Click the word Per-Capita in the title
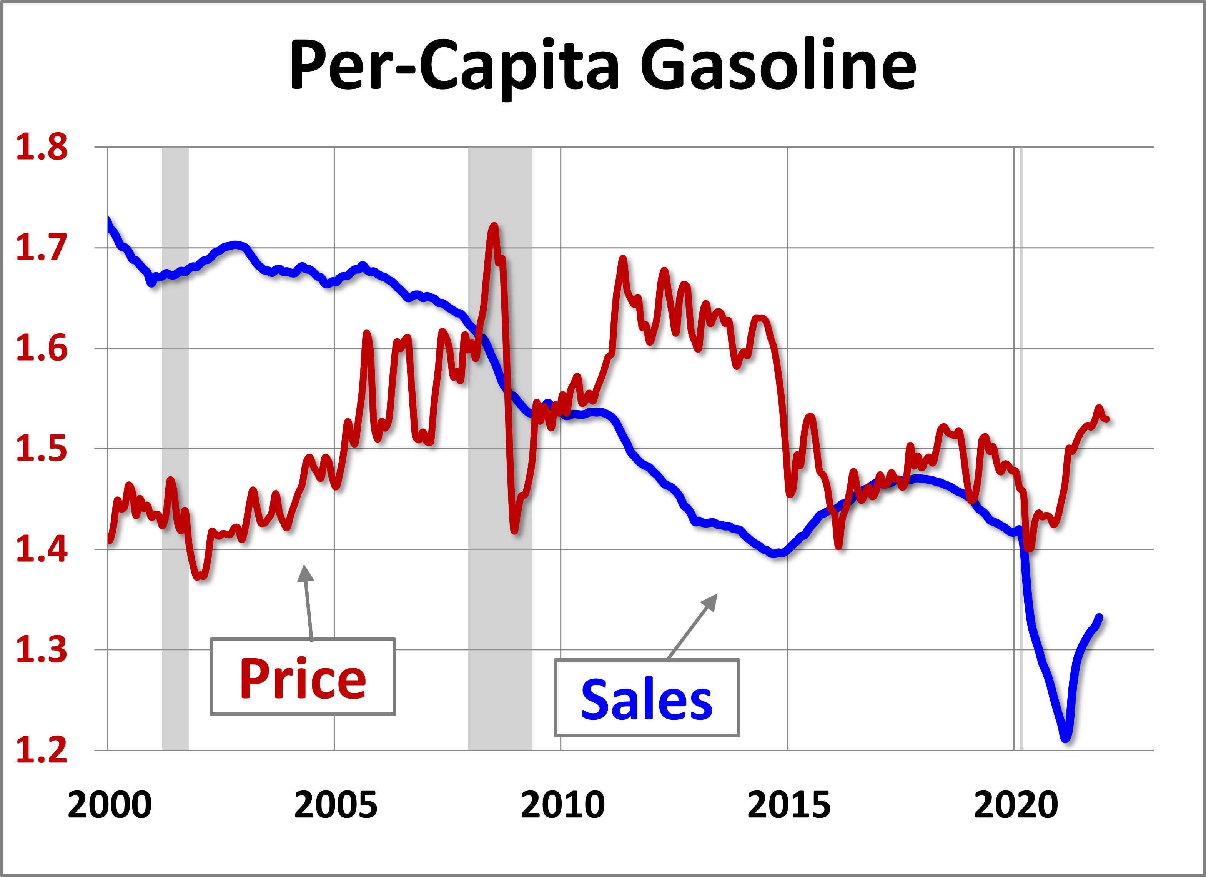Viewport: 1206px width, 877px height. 455,67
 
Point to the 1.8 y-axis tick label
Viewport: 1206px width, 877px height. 42,147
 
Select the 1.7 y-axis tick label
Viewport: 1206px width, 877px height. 42,248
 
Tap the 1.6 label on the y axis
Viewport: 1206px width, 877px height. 42,348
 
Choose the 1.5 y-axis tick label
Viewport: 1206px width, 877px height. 42,449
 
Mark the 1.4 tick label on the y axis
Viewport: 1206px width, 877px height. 42,549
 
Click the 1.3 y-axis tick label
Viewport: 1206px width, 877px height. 42,650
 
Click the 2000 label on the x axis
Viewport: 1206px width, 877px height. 110,805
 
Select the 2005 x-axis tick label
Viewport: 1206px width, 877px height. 336,805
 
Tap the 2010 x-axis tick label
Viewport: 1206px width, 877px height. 562,805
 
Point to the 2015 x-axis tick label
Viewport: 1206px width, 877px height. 788,805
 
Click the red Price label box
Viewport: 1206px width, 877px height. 303,677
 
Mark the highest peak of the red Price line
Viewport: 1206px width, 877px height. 494,226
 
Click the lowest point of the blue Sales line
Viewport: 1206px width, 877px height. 1066,739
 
